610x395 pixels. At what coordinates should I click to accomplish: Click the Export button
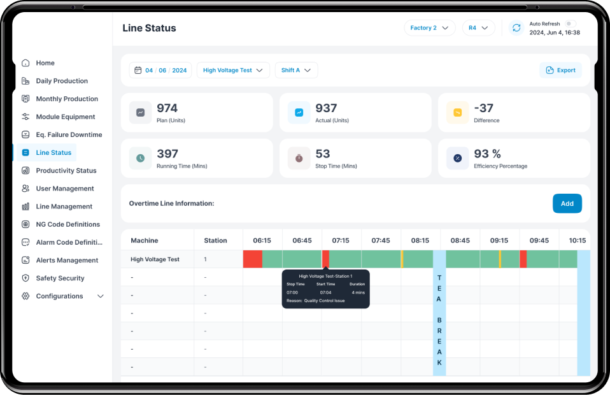point(560,70)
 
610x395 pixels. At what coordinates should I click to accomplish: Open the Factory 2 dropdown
point(429,28)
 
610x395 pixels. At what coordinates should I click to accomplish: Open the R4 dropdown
point(478,28)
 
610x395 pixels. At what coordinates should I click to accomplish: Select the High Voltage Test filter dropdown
point(233,70)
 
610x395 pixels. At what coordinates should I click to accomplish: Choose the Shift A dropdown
point(296,70)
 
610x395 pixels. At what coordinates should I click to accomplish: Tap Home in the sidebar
point(45,63)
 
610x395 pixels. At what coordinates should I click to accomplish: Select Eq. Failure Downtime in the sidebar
point(68,134)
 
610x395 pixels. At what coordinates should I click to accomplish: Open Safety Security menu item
point(60,278)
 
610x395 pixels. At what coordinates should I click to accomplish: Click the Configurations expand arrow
point(101,296)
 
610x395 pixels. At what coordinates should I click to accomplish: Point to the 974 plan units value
point(167,108)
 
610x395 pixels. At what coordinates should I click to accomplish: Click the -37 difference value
point(483,108)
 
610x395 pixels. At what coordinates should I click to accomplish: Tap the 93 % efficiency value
point(487,154)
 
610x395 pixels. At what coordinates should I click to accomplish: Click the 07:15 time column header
point(341,240)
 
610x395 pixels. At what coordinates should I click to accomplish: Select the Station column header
point(215,240)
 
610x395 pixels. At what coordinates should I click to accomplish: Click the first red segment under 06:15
point(252,259)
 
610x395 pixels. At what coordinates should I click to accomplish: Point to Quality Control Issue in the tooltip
point(324,301)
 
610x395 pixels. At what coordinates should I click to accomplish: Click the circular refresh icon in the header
point(516,28)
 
